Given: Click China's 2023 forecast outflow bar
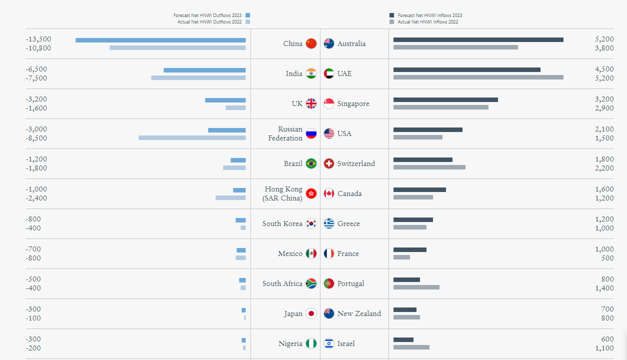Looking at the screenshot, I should (160, 40).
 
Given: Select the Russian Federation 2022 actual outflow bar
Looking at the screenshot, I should (192, 137).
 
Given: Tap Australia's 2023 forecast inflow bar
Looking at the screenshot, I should (478, 39).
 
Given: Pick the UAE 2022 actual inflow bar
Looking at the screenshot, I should (478, 77).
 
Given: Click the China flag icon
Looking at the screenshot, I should (311, 43).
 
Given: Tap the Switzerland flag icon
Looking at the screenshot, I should (328, 163).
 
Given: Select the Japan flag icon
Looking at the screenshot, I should (311, 313).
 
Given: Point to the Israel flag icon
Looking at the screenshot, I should (328, 343).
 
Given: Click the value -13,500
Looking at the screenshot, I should (38, 39).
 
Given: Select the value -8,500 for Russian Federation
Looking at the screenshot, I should (36, 138).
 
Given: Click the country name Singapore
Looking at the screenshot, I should (353, 103).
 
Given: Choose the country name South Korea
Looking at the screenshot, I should (282, 223).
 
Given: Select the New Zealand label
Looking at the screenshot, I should (359, 313).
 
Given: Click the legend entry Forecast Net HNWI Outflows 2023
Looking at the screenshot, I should (211, 15).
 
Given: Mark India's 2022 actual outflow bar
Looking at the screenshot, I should (198, 77).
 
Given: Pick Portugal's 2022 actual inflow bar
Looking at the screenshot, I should (416, 287).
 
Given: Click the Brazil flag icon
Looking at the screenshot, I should (311, 163).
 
